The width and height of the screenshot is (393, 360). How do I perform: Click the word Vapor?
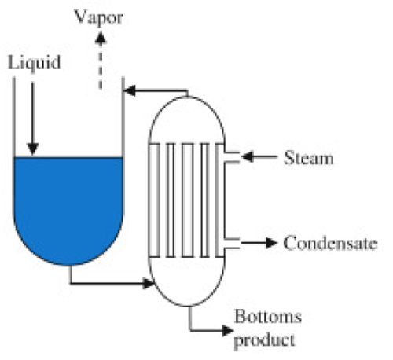99,18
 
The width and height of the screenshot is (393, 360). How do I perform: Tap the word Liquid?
34,63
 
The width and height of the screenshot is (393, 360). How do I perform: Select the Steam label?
309,158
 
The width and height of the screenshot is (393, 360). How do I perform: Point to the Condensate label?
330,243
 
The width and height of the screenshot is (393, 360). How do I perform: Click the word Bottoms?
268,317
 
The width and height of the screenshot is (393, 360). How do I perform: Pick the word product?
264,340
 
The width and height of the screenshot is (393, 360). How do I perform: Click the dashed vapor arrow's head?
101,38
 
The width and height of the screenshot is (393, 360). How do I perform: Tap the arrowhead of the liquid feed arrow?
33,149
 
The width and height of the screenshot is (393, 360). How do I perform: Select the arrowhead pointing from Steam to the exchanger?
248,156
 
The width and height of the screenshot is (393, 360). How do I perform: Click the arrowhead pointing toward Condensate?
271,243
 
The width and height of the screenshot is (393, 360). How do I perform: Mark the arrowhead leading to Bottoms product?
227,330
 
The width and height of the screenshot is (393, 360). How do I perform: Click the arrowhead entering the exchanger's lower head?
149,283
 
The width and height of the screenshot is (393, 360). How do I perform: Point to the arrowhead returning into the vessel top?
130,91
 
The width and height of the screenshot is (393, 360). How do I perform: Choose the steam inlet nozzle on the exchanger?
232,157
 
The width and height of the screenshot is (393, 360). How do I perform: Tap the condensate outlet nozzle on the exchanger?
232,243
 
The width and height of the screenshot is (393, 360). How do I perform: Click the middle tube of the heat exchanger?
188,200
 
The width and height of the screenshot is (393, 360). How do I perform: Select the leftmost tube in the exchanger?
154,200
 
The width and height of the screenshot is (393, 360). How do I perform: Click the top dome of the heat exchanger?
186,97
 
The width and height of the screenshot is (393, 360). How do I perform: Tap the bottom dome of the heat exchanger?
186,306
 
